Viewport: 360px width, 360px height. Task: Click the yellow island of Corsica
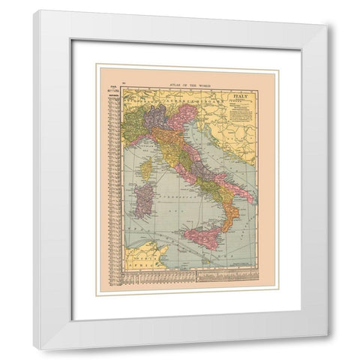[146, 167]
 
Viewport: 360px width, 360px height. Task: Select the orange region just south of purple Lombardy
[160, 135]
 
